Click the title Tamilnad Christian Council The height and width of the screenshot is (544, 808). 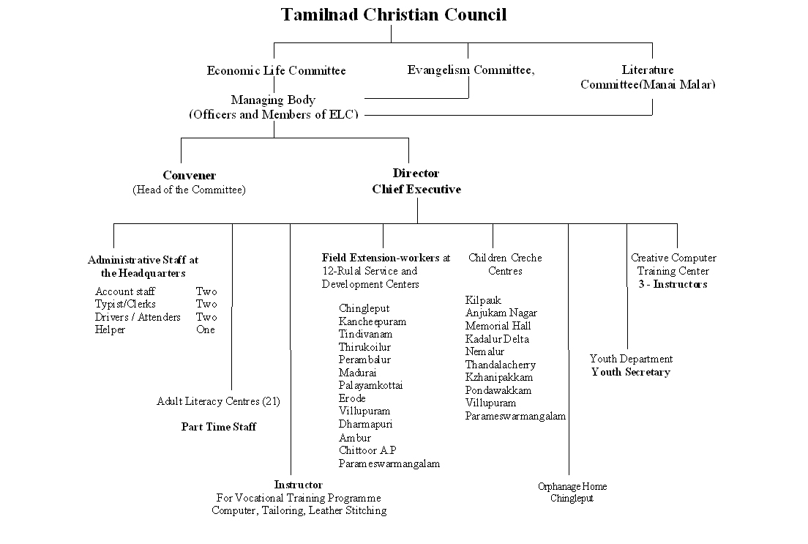click(x=394, y=15)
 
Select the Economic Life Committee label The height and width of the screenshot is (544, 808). click(x=276, y=71)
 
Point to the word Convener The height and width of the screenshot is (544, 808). click(x=189, y=176)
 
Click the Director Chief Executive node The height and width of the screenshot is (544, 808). click(x=416, y=182)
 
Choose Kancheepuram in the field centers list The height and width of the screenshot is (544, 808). click(x=372, y=321)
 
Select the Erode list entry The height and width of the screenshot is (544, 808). click(x=352, y=398)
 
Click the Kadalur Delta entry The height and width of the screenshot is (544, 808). click(x=497, y=339)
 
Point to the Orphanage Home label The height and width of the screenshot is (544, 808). click(x=572, y=487)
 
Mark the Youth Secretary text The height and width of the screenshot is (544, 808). click(x=631, y=372)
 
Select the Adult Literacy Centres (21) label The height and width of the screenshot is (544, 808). click(x=218, y=401)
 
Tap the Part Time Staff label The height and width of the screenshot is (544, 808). click(x=219, y=427)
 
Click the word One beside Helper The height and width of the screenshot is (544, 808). click(x=206, y=329)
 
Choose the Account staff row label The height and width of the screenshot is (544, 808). click(x=124, y=291)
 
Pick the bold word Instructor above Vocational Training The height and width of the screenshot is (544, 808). click(x=298, y=485)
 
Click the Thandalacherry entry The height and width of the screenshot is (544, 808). click(x=501, y=365)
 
